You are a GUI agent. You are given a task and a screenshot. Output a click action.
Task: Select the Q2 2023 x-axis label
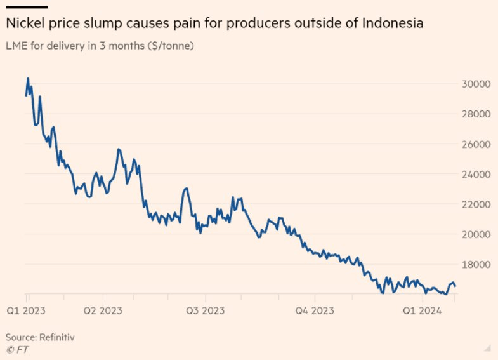pos(103,310)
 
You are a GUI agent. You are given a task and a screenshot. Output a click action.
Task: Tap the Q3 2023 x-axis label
pos(205,310)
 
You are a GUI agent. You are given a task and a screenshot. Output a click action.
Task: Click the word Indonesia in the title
pos(393,24)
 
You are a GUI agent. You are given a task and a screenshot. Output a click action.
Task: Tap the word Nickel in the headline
pos(23,24)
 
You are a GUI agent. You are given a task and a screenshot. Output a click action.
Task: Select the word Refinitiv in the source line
pos(56,337)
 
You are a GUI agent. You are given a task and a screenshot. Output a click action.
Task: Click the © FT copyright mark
pos(17,349)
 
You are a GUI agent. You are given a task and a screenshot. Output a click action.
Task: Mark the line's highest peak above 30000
pos(28,78)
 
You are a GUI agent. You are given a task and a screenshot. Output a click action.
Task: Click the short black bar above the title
pos(26,7)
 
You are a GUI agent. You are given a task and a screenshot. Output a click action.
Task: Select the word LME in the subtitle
pos(16,46)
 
